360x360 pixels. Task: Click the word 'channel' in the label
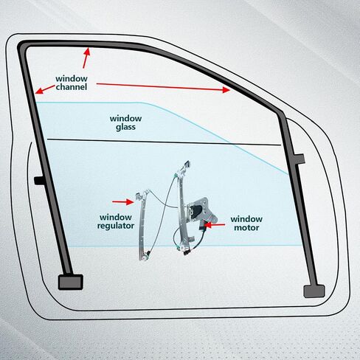72,87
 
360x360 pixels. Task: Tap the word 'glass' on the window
125,128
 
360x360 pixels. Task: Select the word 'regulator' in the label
116,226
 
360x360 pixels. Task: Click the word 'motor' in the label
246,228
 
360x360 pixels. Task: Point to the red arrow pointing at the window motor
215,225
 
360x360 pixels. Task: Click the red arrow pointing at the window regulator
123,202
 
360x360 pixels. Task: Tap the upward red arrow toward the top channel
86,58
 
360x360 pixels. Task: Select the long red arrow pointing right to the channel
163,87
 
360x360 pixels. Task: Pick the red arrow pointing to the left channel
45,89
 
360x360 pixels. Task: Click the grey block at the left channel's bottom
71,282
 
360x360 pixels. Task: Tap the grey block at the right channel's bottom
314,291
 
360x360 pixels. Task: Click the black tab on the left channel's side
39,181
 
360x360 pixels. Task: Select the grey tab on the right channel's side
300,159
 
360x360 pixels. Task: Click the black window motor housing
196,210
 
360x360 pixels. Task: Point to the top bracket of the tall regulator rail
186,165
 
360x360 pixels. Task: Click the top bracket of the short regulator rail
140,195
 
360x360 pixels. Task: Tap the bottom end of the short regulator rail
144,256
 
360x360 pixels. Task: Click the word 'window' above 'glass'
125,119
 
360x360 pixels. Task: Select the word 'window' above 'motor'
246,219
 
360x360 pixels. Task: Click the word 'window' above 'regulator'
116,218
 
